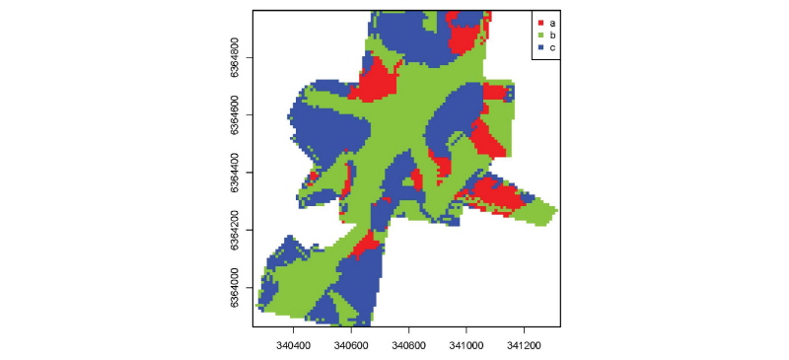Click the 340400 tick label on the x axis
[x=294, y=347]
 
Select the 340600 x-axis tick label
[x=352, y=347]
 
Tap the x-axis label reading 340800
[x=409, y=347]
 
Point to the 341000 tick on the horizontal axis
[x=466, y=347]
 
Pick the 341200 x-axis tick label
[x=524, y=347]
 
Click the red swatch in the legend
[x=540, y=21]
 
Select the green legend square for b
[x=540, y=34]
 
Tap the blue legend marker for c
[x=540, y=46]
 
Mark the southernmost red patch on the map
[x=366, y=244]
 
